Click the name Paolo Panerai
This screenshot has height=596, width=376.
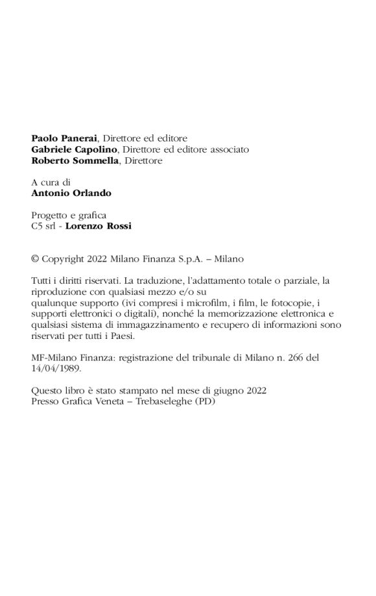(63, 138)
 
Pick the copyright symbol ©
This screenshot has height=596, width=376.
(35, 258)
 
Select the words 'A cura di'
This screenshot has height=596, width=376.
(51, 182)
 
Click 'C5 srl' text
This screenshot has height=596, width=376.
(45, 226)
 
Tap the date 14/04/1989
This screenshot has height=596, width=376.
(55, 368)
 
